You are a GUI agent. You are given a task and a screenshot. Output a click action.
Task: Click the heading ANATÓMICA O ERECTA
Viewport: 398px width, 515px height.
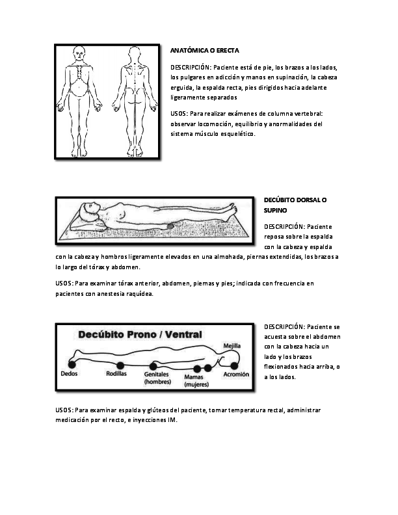tap(204, 50)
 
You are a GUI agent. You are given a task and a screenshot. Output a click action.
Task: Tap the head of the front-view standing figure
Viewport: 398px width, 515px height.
tap(80, 51)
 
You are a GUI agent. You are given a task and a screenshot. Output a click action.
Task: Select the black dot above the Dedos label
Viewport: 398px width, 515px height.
tap(70, 363)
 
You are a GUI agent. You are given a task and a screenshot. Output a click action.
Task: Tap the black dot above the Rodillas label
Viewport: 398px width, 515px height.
tap(120, 364)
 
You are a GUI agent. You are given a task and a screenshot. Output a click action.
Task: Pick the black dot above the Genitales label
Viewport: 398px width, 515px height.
tap(157, 366)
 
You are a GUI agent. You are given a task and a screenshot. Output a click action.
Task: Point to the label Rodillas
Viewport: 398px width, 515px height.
tap(118, 375)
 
